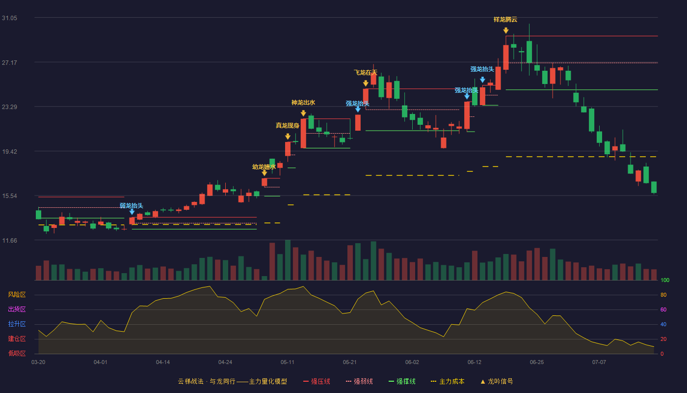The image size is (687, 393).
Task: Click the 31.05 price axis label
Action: [x=9, y=18]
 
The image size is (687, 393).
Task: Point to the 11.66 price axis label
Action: [x=9, y=241]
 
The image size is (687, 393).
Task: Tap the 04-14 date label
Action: [x=163, y=363]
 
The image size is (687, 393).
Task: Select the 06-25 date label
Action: [x=537, y=363]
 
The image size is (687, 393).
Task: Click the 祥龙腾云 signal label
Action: [x=505, y=20]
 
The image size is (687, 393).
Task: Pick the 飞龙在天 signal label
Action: [x=365, y=73]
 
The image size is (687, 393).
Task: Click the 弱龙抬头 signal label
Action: [x=132, y=206]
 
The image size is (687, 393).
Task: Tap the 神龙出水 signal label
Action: [x=303, y=103]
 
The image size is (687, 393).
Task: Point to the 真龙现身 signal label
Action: [x=288, y=126]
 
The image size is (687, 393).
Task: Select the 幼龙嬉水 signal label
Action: [x=264, y=167]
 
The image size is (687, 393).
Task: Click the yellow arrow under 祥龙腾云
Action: [x=506, y=30]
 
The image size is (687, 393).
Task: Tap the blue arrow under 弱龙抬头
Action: [x=132, y=212]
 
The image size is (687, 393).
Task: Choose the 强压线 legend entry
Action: [x=317, y=381]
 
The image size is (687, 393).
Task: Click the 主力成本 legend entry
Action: [x=448, y=381]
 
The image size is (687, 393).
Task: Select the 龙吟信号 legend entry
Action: [x=497, y=381]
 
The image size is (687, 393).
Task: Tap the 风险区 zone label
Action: [x=17, y=295]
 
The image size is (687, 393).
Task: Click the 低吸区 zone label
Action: [x=17, y=354]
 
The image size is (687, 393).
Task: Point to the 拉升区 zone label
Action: [x=17, y=324]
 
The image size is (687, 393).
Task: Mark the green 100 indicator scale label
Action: [x=665, y=281]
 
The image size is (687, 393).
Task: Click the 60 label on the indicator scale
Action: [x=663, y=310]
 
